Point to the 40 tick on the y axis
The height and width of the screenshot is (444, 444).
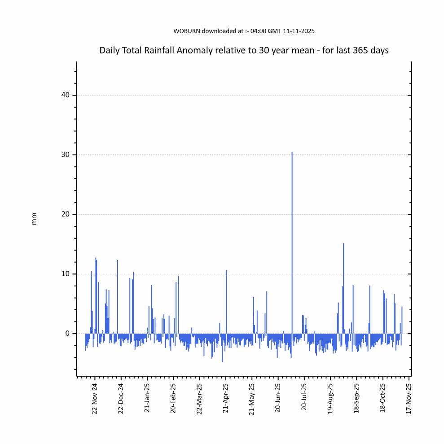[66, 95]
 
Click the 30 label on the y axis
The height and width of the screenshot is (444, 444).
[66, 155]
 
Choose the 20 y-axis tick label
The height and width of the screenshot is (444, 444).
[66, 215]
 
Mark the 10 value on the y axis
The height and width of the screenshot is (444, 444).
[66, 274]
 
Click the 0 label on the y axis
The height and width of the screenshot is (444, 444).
[68, 334]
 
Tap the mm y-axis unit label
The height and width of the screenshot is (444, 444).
[35, 219]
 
